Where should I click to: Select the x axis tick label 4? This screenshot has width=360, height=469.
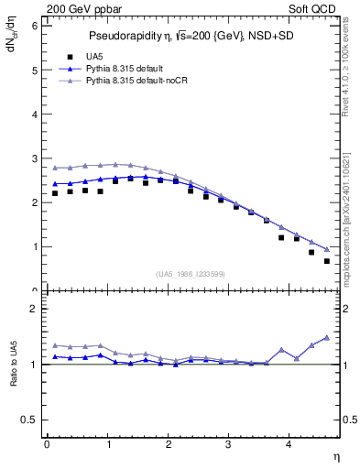289,444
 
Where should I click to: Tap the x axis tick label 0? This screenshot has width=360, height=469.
47,444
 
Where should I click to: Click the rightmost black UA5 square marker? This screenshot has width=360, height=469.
327,261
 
